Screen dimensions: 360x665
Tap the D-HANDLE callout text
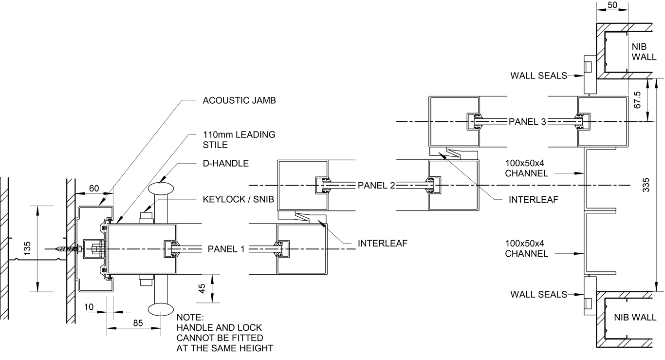pos(226,164)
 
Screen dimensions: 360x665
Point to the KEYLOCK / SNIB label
pos(239,199)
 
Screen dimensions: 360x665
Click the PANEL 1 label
pos(226,249)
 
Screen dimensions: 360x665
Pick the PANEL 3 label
pos(527,122)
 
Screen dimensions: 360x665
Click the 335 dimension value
pos(646,185)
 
